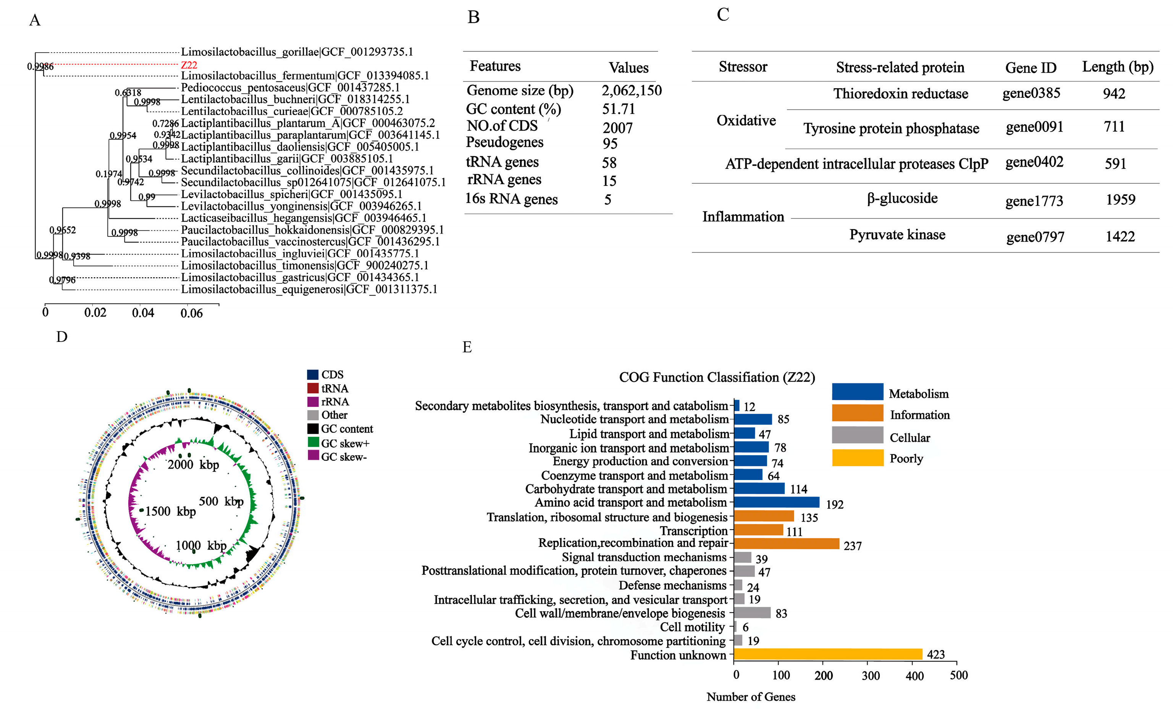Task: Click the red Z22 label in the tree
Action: pos(189,65)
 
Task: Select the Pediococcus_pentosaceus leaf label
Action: pos(290,87)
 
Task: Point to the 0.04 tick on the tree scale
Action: pos(142,313)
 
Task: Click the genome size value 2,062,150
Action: pos(631,91)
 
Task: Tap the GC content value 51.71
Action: pos(619,109)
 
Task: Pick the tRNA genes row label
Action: pos(502,162)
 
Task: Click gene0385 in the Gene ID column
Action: pos(1031,93)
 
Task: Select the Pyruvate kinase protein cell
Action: pos(897,235)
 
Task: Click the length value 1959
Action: pos(1120,200)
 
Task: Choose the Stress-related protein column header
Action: pos(900,68)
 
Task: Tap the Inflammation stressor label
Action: pos(743,217)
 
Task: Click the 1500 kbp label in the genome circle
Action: pos(170,511)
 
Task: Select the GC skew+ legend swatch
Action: pos(313,443)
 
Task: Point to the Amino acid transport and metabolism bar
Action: pos(776,502)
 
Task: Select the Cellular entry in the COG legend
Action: pos(909,438)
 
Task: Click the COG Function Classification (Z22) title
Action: pos(716,378)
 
